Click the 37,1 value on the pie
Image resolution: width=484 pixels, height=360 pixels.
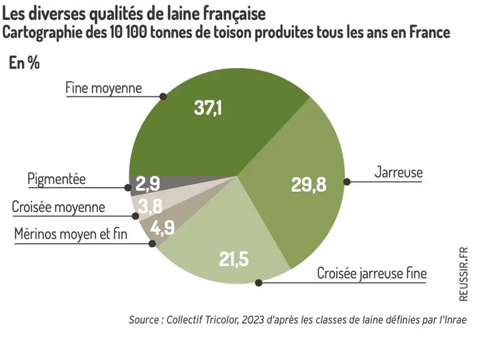(x=208, y=108)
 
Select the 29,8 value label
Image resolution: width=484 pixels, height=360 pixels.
(x=308, y=185)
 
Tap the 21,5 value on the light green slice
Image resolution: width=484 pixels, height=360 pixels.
(x=234, y=259)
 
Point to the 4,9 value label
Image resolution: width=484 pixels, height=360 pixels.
(x=163, y=227)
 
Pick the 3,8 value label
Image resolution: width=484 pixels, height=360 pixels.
(x=150, y=206)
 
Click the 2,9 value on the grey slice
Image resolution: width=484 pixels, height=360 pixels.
(x=148, y=184)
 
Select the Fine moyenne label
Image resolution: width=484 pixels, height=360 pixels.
(x=103, y=88)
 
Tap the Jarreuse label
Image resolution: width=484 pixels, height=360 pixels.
(x=398, y=172)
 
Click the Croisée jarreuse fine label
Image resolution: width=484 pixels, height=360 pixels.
(x=372, y=273)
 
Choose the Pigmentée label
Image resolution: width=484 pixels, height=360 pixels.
(x=56, y=179)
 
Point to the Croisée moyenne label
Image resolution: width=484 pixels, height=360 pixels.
(x=58, y=207)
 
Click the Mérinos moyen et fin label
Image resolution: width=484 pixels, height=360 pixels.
(x=71, y=234)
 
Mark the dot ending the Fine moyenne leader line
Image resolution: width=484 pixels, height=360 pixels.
(x=163, y=96)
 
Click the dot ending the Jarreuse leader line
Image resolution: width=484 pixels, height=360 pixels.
(x=347, y=182)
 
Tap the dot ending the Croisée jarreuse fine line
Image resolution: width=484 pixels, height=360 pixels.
(x=259, y=282)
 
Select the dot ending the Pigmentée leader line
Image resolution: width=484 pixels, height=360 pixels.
(x=128, y=187)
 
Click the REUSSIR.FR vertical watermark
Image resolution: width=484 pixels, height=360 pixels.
(x=463, y=274)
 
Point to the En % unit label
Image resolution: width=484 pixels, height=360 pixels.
(x=24, y=62)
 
